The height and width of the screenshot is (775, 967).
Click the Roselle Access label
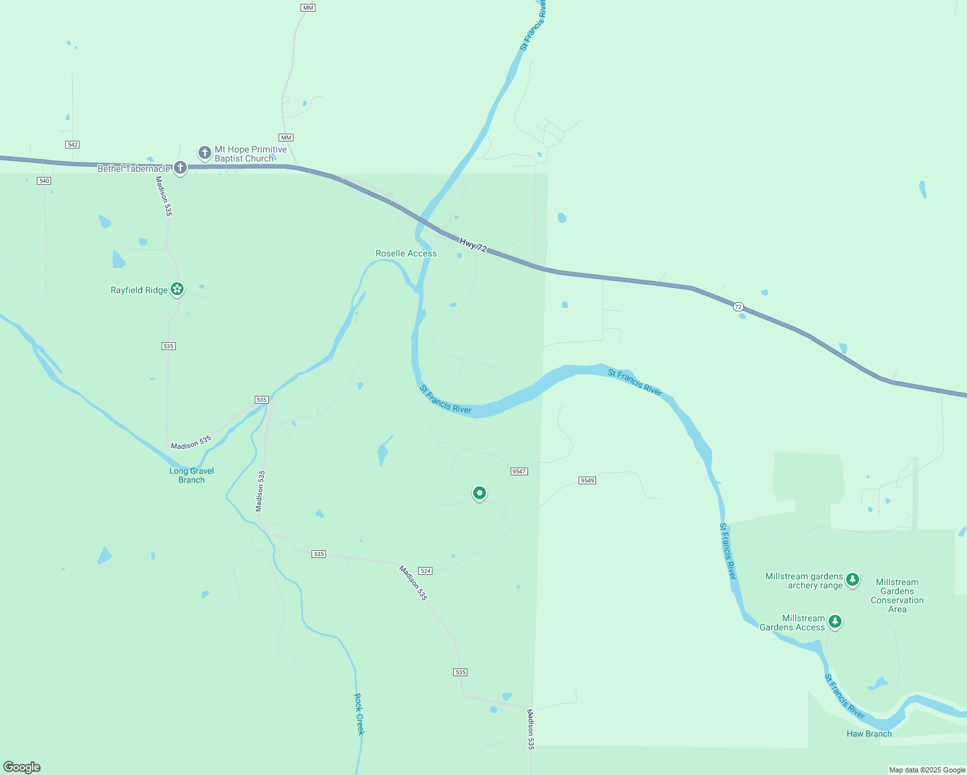click(406, 253)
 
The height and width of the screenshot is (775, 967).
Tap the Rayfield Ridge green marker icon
click(177, 289)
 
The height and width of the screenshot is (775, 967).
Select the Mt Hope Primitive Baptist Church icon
click(205, 153)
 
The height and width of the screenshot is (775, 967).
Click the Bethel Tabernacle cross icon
click(180, 168)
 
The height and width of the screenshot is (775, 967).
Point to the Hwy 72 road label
click(473, 245)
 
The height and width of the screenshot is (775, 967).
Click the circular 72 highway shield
click(738, 307)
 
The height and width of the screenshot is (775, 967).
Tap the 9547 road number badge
click(519, 471)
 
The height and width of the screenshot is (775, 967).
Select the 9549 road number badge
click(587, 480)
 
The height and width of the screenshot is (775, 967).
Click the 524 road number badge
click(425, 571)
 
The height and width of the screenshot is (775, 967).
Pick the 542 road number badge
click(72, 145)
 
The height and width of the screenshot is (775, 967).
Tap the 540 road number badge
click(44, 181)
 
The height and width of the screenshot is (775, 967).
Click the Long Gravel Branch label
click(191, 475)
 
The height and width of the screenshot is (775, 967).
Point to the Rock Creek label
click(359, 714)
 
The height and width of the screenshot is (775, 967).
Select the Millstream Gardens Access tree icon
click(835, 621)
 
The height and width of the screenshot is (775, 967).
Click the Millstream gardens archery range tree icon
click(853, 579)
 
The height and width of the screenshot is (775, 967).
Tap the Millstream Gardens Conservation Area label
click(897, 595)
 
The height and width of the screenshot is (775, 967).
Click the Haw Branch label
click(869, 734)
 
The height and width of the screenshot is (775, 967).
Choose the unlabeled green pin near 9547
click(479, 493)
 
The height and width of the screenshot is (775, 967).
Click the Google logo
click(22, 767)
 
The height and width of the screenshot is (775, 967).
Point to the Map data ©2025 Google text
click(927, 770)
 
